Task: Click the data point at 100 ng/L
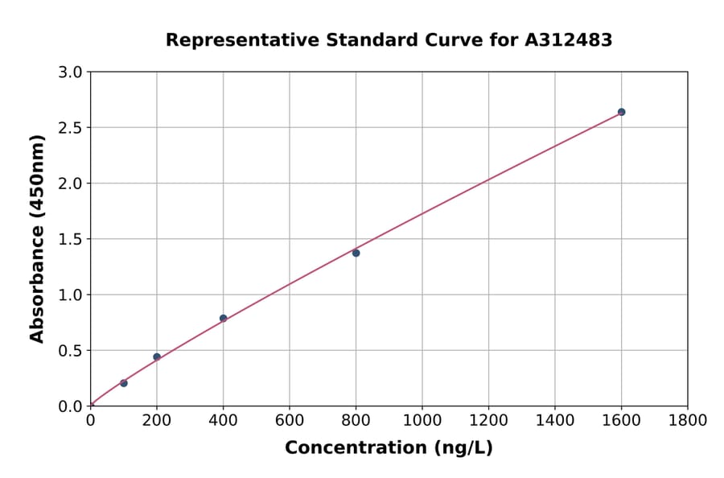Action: coord(123,383)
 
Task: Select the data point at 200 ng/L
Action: coord(157,356)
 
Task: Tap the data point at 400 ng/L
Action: coord(223,318)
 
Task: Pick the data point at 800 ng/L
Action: coord(356,253)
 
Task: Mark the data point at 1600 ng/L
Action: coord(621,112)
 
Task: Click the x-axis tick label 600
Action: coord(290,420)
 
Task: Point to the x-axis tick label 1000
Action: coord(422,420)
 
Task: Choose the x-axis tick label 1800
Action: coord(688,420)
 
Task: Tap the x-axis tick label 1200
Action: coord(488,420)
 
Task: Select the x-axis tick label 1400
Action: coord(555,420)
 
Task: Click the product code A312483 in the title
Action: coord(569,40)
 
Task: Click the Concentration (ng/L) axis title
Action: coord(389,448)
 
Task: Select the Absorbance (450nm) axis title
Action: coord(37,238)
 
